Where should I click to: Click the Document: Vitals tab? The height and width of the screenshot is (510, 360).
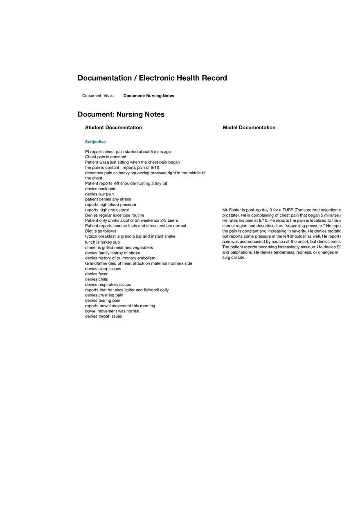(98, 96)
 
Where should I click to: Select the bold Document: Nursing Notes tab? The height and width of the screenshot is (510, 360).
(148, 96)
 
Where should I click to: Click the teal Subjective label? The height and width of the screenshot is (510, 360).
(95, 142)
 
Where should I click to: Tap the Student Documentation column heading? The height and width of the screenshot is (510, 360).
(113, 128)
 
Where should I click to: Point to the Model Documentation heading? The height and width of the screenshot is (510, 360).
(249, 128)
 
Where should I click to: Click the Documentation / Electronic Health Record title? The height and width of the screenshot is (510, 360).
(152, 78)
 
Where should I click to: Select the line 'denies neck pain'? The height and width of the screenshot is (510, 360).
(101, 189)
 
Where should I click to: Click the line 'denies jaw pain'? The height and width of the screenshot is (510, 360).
(99, 194)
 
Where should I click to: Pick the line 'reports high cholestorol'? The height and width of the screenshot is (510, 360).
(107, 210)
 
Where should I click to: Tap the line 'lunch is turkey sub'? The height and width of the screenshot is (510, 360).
(102, 242)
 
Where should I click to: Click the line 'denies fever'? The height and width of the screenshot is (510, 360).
(96, 274)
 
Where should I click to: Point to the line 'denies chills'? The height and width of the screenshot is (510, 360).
(97, 279)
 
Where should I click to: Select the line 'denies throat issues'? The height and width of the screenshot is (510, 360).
(103, 316)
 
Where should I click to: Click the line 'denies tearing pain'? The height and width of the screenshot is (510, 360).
(103, 300)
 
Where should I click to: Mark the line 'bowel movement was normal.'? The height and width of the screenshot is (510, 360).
(112, 311)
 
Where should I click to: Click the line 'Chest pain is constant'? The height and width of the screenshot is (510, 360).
(106, 157)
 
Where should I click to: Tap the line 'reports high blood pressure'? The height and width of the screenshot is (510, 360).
(110, 204)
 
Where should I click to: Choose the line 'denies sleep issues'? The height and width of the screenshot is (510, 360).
(103, 269)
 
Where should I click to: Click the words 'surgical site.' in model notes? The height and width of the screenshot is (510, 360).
(234, 258)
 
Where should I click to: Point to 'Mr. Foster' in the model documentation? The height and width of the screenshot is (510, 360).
(232, 210)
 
